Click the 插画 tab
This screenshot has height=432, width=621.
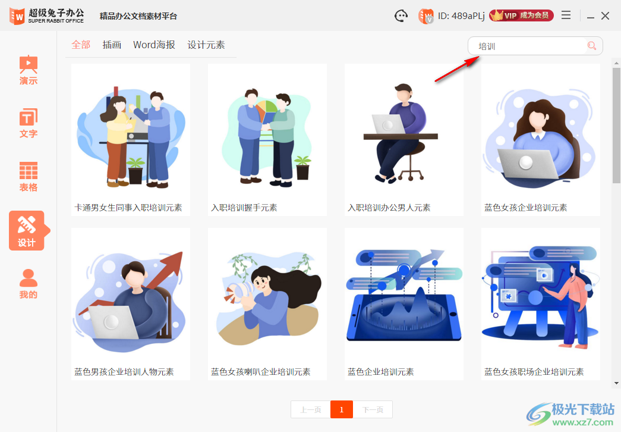coord(112,45)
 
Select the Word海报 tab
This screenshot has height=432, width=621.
coord(154,45)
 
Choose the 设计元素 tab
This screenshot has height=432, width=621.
coord(206,45)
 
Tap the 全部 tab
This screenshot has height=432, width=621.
coord(81,45)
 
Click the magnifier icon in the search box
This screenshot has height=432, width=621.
coord(591,46)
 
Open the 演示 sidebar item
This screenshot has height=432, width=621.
coord(28,70)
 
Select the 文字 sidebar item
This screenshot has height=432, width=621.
coord(28,123)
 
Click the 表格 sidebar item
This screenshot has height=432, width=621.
coord(28,177)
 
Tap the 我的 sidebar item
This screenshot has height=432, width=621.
coord(28,284)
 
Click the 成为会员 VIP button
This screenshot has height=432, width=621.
coord(521,15)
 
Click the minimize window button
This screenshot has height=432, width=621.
coord(591,16)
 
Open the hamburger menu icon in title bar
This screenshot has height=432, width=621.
coord(566,15)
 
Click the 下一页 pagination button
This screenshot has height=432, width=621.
coord(373,409)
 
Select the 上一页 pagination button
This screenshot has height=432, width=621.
coord(311,409)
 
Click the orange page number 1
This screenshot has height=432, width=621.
coord(342,409)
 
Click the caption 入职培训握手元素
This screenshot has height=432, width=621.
coord(244,208)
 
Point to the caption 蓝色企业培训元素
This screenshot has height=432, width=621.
coord(380,372)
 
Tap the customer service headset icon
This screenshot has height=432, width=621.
coord(402,16)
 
